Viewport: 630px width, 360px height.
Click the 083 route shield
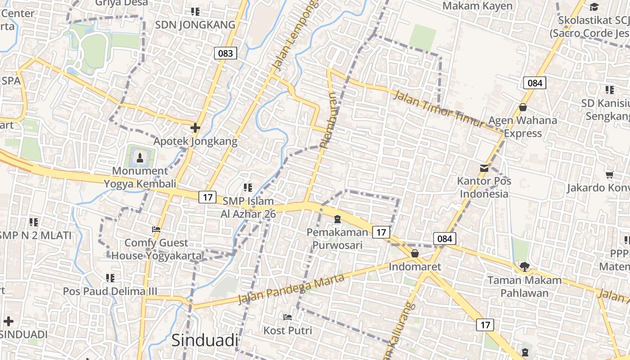click(x=225, y=54)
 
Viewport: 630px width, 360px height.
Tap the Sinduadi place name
click(x=205, y=341)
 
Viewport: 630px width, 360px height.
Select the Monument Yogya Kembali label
click(x=140, y=177)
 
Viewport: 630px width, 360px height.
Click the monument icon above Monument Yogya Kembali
click(x=140, y=157)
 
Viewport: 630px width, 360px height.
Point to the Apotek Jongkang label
click(x=195, y=141)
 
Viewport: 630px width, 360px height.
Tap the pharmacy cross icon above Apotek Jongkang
click(x=195, y=128)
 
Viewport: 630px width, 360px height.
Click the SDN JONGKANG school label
click(x=195, y=25)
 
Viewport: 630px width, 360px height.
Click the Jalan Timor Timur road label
click(x=440, y=109)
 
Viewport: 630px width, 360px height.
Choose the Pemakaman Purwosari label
click(x=337, y=238)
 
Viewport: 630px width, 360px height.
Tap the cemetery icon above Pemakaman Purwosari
click(x=337, y=220)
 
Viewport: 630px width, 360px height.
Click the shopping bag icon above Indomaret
click(x=415, y=253)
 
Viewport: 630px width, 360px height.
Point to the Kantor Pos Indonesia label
click(x=484, y=187)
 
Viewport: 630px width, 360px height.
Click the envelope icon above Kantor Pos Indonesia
click(x=484, y=168)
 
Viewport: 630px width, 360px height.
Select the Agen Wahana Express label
click(x=522, y=126)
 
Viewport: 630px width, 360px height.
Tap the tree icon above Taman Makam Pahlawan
click(x=524, y=267)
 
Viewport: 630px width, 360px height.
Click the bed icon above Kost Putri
click(x=288, y=317)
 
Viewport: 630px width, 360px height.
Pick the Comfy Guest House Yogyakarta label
click(x=156, y=249)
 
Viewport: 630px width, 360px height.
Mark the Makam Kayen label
click(x=477, y=6)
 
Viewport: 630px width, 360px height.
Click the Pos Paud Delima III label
click(x=110, y=291)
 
